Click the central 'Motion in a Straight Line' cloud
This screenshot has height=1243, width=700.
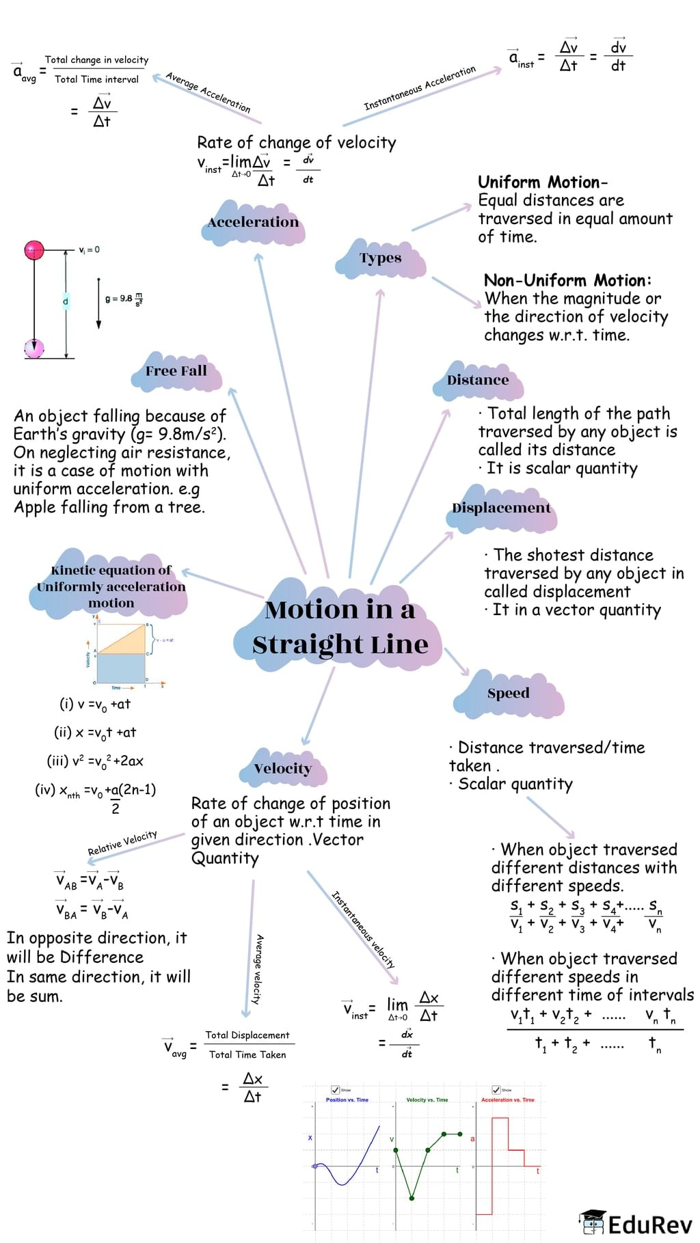coord(340,627)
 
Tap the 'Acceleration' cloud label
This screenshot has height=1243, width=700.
coord(253,222)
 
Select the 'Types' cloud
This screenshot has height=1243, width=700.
coord(380,258)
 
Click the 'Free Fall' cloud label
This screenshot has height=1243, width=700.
coord(176,371)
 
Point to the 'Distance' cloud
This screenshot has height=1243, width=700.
coord(478,380)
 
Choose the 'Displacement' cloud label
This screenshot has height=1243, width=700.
coord(501,508)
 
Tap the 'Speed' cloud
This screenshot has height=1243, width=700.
coord(508,693)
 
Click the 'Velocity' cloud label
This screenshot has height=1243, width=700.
coord(282,769)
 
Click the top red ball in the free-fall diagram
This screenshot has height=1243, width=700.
coord(34,250)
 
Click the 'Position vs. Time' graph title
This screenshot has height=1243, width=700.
coord(347,1099)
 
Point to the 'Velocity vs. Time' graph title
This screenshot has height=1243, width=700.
coord(427,1099)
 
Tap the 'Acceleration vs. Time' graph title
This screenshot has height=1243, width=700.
coord(507,1099)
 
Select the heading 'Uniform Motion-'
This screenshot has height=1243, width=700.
coord(542,182)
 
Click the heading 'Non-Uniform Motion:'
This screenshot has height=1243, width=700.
coord(567,280)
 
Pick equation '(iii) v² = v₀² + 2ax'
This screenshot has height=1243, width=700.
coord(95,761)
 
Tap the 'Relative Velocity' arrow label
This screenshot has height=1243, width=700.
coord(122,843)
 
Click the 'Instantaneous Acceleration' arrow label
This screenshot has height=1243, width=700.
coord(419,88)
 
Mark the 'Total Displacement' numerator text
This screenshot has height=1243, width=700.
coord(247,1035)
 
